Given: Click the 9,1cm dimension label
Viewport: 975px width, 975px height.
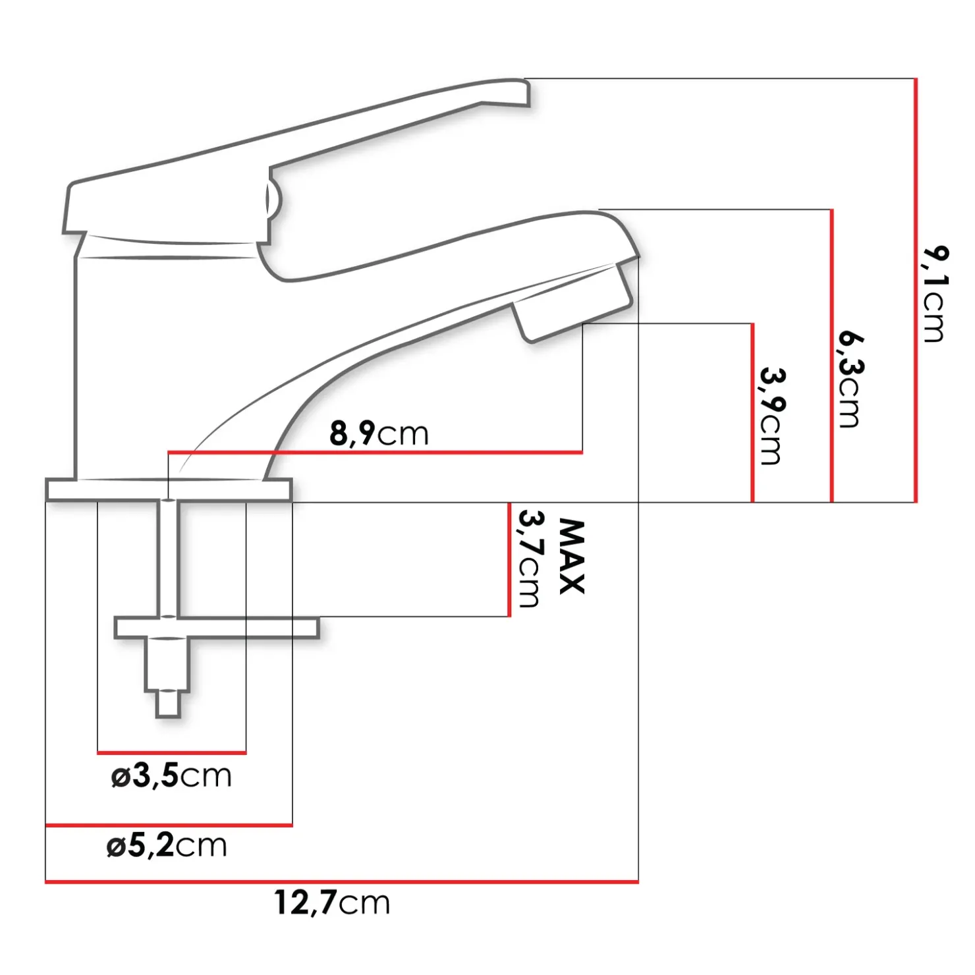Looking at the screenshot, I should tap(933, 294).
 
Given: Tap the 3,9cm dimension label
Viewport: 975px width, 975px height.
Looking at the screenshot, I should tap(770, 416).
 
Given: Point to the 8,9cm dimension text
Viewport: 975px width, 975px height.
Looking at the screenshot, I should tap(379, 433).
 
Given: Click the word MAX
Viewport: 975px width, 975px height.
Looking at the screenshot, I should tap(571, 557).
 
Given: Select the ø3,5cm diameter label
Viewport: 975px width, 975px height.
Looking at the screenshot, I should tap(171, 776).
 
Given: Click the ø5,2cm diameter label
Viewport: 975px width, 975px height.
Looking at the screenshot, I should tap(167, 845).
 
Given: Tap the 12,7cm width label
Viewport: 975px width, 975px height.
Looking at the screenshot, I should tap(332, 903).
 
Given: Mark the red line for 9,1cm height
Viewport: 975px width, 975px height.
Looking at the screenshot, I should tap(916, 290).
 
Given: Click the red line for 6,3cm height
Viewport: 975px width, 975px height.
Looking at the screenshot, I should tap(831, 356).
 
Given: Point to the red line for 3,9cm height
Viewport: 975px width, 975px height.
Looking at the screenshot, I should tap(752, 412).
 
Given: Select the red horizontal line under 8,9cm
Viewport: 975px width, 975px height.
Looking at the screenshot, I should tap(376, 453).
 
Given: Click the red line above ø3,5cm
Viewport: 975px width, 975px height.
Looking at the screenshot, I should tap(171, 752).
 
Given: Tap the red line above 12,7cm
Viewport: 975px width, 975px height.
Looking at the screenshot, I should tap(341, 881).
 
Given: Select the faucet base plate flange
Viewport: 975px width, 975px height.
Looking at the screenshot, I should tap(169, 490).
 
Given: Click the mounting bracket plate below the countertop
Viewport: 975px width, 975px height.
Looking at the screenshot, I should tap(217, 628).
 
